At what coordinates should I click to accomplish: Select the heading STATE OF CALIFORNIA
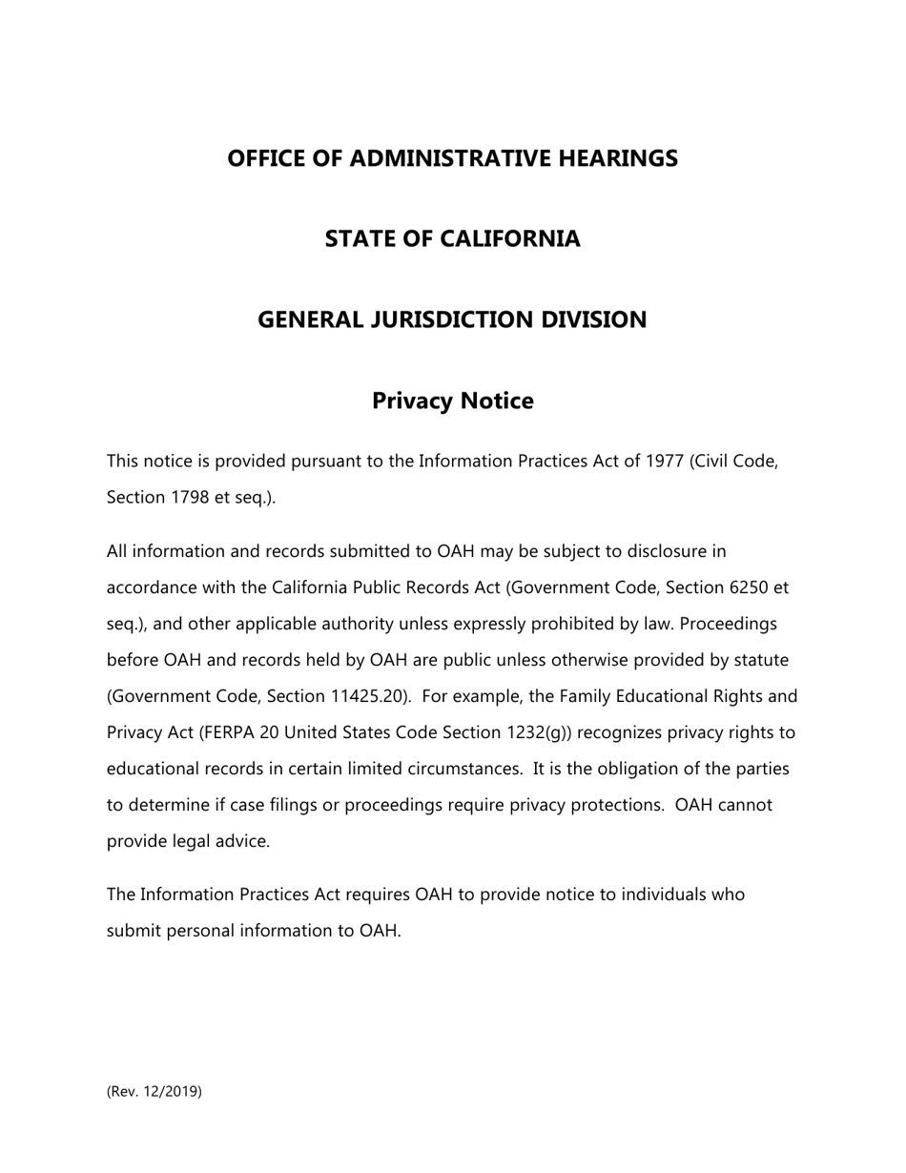point(452,238)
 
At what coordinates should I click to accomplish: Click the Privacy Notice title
point(452,401)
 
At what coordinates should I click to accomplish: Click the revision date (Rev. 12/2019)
point(154,1092)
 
